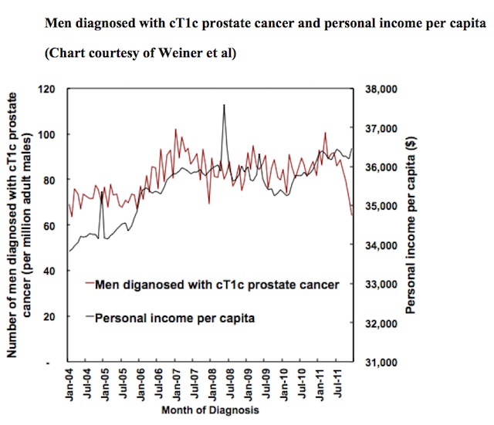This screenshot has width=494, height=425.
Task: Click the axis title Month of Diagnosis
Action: click(x=210, y=410)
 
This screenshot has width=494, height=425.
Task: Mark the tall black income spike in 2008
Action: click(x=223, y=105)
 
